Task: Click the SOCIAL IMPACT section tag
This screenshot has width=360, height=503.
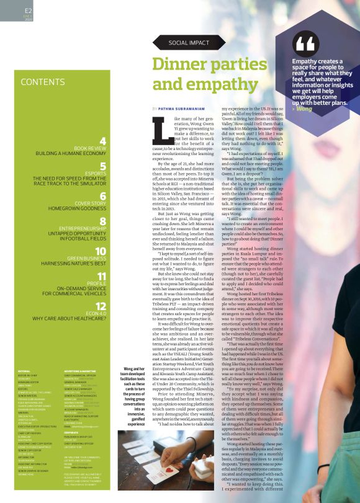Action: point(188,43)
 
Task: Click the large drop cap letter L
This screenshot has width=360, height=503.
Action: point(163,129)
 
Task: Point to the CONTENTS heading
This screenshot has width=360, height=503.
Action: point(43,82)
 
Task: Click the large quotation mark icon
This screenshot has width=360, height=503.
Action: point(307,43)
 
